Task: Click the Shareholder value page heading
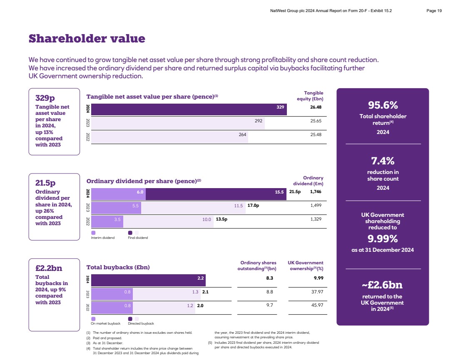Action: coord(87,39)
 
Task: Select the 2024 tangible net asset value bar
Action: coord(187,109)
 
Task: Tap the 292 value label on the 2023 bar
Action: coord(259,121)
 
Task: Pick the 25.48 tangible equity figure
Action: coord(316,134)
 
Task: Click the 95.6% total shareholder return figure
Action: coord(383,105)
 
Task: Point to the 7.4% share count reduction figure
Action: coord(383,161)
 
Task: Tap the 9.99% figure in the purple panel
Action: coord(383,239)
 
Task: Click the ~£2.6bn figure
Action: coord(383,285)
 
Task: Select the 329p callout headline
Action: coord(45,98)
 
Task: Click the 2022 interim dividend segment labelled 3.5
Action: coord(107,219)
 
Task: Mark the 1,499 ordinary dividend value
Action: coord(316,206)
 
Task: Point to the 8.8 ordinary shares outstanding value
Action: coord(269,292)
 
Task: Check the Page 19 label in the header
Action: coord(434,11)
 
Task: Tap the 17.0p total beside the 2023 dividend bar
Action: coord(253,206)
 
